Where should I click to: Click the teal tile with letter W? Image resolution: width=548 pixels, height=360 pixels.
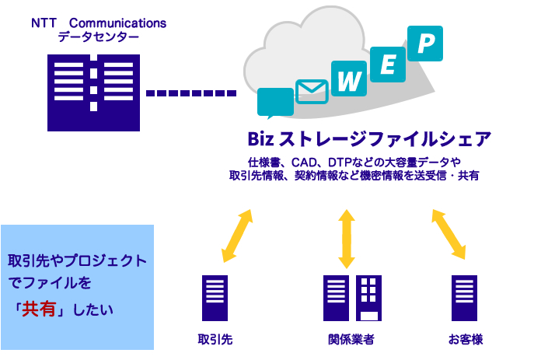[x=349, y=79]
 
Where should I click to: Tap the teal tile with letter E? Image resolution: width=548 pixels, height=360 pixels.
[x=388, y=65]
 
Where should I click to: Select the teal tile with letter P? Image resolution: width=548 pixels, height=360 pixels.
[x=425, y=44]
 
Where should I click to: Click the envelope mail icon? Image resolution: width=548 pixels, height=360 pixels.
[x=312, y=92]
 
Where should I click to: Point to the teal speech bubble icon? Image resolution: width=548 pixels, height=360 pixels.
[x=275, y=103]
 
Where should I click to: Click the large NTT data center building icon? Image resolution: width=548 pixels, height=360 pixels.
[x=93, y=93]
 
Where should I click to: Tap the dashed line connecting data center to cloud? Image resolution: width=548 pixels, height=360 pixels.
[x=191, y=93]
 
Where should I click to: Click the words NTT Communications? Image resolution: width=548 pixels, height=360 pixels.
[x=99, y=23]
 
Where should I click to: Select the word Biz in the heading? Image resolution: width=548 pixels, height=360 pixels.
[x=260, y=139]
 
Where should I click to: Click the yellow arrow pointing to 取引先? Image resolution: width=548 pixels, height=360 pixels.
[x=237, y=236]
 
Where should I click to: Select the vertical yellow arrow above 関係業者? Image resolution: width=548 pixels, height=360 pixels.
[x=347, y=239]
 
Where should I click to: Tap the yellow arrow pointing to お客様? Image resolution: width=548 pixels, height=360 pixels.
[x=449, y=235]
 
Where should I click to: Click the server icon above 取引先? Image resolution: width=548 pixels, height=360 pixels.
[x=215, y=298]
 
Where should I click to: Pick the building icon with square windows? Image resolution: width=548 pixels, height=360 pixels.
[x=368, y=298]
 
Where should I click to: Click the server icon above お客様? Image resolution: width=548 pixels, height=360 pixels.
[x=465, y=298]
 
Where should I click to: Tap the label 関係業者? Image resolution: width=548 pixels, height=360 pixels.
[x=351, y=339]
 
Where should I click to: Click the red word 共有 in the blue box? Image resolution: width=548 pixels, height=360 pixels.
[x=39, y=309]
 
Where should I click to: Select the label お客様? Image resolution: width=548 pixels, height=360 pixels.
[x=466, y=339]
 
